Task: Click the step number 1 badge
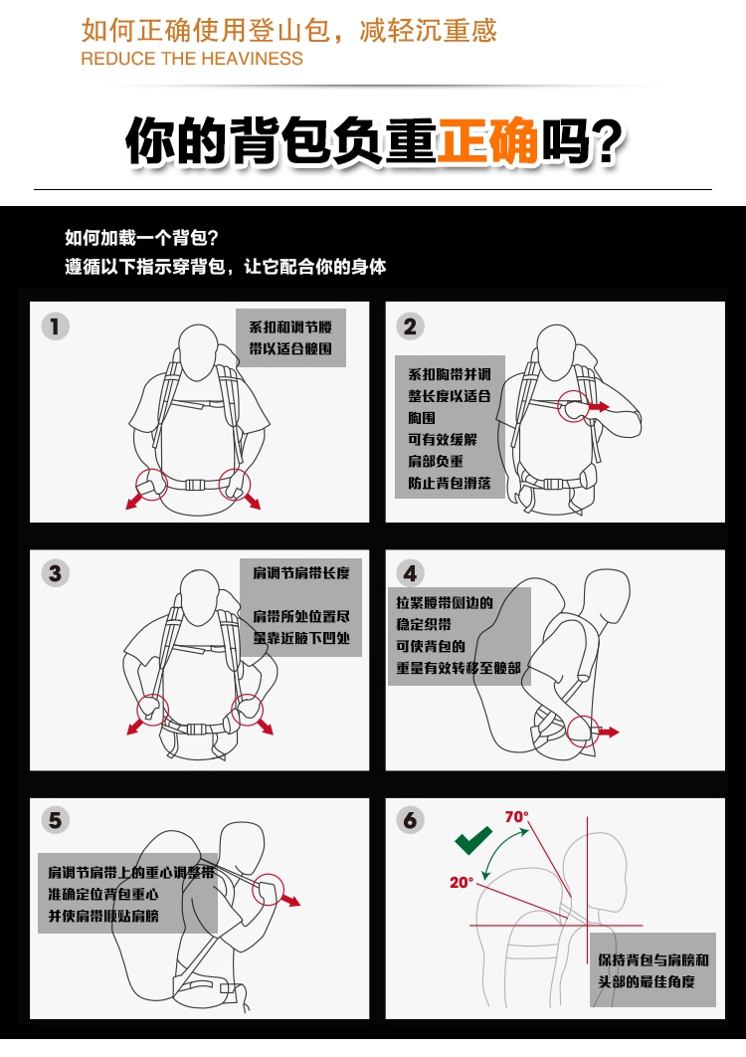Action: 56,326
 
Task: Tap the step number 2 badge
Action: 411,326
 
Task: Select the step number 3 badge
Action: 56,573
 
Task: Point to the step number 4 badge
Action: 411,573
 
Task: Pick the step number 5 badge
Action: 56,820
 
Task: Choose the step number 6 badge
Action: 411,820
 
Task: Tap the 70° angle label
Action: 517,817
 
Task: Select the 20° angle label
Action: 462,883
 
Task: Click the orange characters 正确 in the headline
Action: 488,141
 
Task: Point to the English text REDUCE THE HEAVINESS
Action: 192,59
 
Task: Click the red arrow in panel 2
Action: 598,407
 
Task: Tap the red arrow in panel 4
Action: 609,733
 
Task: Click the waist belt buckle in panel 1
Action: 195,484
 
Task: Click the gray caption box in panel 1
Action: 291,337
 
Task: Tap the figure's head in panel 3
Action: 200,597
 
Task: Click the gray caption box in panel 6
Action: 653,970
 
